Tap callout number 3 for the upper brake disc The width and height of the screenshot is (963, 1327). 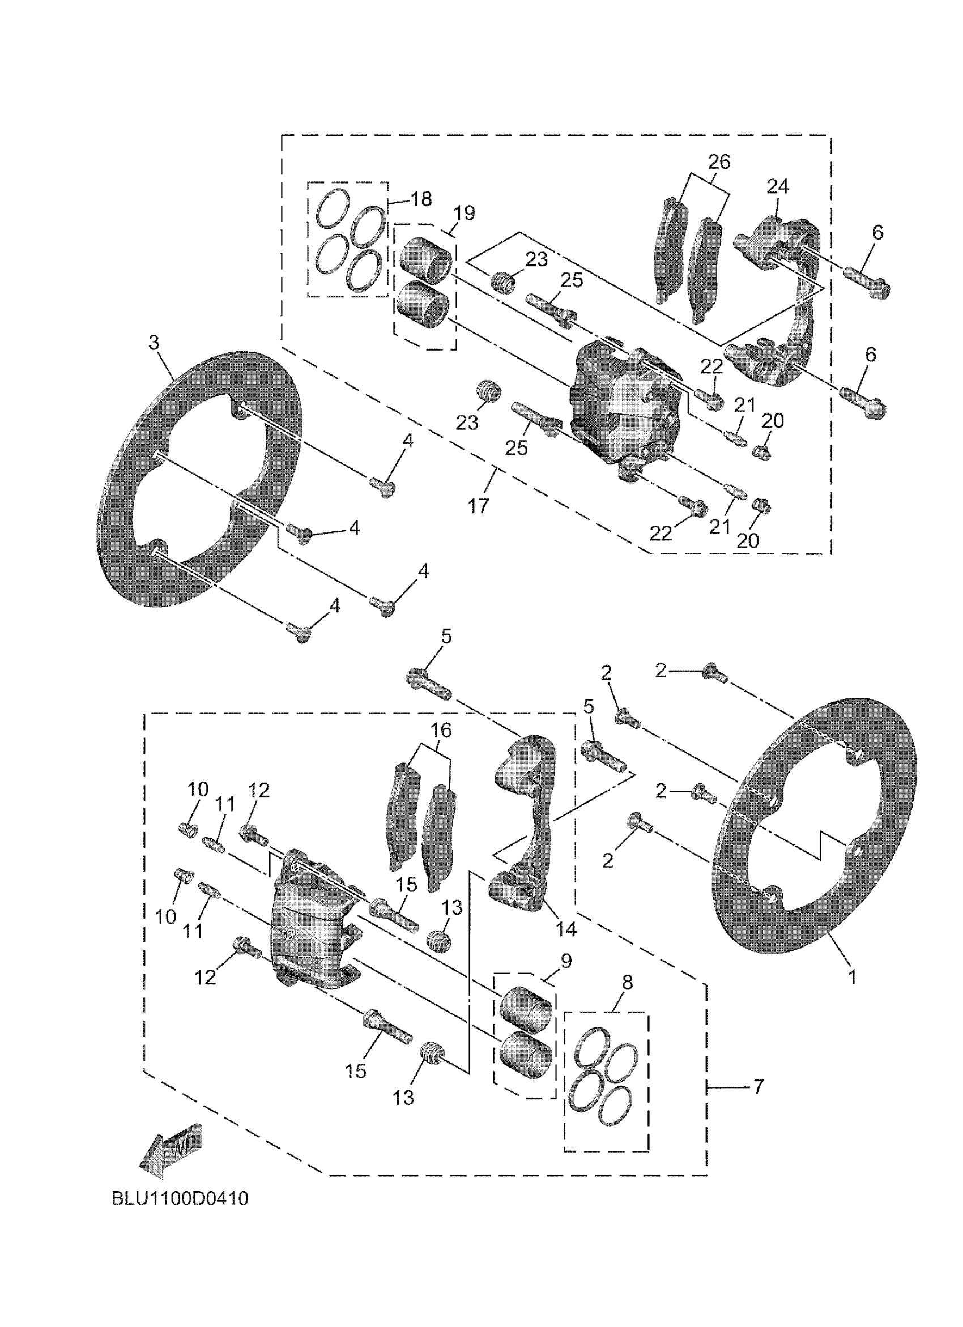154,343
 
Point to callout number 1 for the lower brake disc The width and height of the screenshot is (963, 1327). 853,976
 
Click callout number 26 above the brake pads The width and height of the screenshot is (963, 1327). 719,161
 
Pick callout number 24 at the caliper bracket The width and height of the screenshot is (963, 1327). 778,187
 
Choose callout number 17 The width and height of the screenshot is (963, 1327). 479,506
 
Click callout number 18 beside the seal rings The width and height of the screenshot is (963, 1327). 421,199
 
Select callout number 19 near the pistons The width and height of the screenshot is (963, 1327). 464,213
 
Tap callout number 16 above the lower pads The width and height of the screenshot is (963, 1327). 442,730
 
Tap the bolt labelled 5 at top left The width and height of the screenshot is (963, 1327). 428,685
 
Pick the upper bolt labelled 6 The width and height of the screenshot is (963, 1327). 867,280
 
